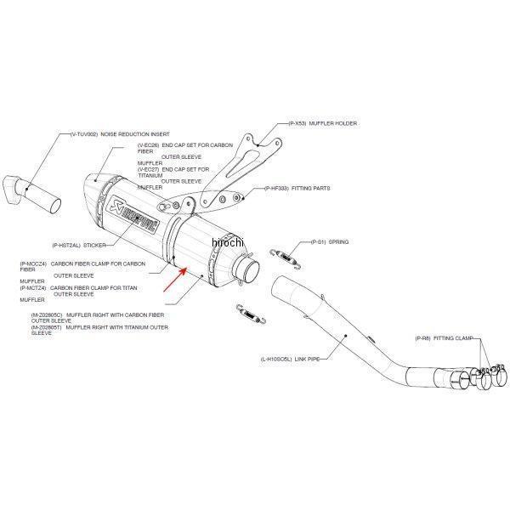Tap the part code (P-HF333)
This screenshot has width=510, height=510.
tap(280, 188)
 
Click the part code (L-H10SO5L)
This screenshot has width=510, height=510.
tap(280, 359)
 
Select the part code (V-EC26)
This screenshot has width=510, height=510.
tap(150, 145)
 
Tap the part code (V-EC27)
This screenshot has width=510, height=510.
tap(150, 169)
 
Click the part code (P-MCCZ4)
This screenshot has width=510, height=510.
tap(33, 264)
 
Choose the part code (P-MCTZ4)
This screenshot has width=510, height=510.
tap(33, 288)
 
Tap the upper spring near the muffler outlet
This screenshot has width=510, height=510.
tap(284, 252)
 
